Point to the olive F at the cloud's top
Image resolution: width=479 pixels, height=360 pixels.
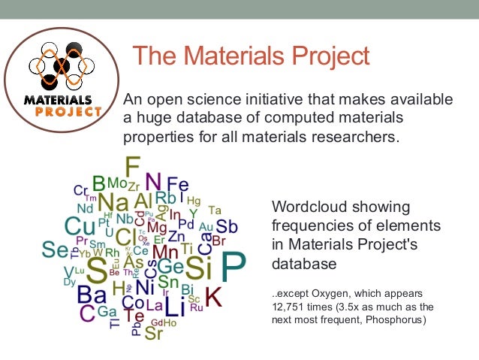(132, 167)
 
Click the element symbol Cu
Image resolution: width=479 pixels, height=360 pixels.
(80, 225)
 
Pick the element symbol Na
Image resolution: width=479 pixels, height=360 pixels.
(113, 202)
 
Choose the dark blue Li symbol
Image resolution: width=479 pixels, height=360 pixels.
(174, 307)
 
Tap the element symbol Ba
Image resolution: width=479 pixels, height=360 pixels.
(92, 293)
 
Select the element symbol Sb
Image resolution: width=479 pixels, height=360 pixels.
(227, 226)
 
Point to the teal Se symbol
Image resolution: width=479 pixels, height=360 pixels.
(55, 250)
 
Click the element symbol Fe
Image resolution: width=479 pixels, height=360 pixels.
(177, 184)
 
